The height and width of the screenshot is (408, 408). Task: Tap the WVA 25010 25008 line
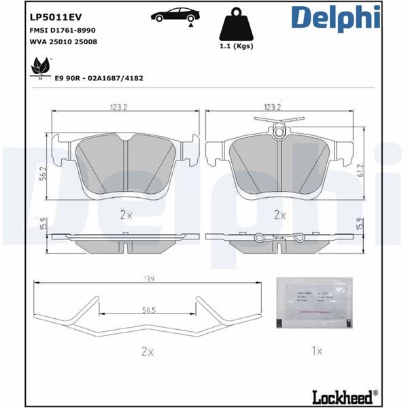click(x=62, y=42)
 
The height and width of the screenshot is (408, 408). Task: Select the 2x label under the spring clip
click(x=148, y=352)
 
